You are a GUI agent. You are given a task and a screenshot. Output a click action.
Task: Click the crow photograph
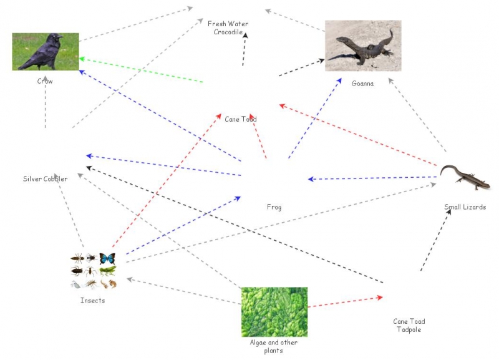tap(46, 51)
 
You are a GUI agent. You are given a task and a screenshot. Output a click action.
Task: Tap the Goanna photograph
tap(362, 46)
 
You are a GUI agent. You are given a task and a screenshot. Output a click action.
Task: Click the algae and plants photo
tap(274, 311)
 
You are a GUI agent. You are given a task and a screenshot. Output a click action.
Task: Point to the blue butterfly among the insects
tap(107, 258)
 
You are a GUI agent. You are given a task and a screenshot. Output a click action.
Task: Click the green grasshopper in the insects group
tap(108, 271)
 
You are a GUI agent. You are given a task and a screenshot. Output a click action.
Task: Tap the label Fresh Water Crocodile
tap(228, 28)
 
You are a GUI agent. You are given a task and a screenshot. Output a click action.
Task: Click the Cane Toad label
tap(241, 119)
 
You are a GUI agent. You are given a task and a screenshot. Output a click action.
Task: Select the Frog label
tap(274, 207)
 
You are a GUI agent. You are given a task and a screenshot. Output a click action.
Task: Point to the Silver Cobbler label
tap(46, 178)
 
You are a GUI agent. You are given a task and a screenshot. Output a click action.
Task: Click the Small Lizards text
tap(465, 207)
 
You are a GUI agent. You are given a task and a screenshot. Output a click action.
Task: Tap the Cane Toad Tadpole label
tap(409, 325)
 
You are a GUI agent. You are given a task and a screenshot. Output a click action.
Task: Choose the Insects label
tap(92, 301)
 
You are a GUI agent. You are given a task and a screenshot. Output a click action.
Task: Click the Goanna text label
tap(362, 83)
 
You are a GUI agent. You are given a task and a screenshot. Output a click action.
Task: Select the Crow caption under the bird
tap(45, 81)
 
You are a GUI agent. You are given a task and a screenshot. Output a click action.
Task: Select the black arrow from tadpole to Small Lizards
tap(435, 241)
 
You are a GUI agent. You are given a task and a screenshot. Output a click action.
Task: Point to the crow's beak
tap(60, 39)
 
